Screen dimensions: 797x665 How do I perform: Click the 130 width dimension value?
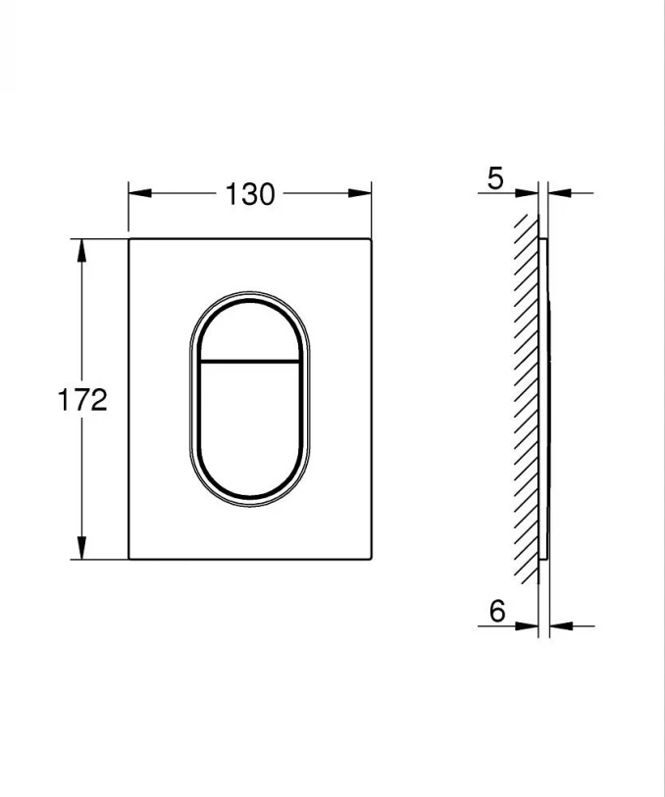pos(250,194)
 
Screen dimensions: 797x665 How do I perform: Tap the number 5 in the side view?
pos(494,178)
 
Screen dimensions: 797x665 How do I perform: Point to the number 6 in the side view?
pos(496,612)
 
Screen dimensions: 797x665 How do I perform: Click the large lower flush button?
pos(250,422)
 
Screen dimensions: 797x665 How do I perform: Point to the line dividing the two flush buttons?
pos(250,361)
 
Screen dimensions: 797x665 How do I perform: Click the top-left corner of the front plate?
pos(129,238)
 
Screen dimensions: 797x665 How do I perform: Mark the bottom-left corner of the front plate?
pos(129,559)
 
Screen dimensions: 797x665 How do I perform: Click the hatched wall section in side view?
pos(527,392)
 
